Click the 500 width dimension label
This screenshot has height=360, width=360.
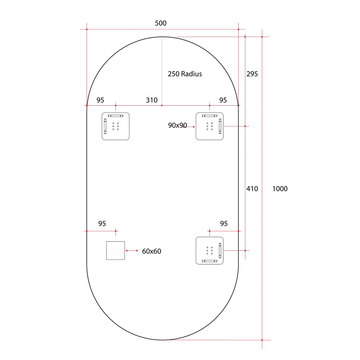tap(161, 23)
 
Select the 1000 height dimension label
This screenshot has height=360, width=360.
tap(280, 189)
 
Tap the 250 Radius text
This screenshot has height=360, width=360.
tap(185, 74)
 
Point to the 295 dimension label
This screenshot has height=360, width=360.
tap(252, 74)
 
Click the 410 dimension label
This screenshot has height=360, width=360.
tap(252, 189)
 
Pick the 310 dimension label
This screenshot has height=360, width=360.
tap(152, 100)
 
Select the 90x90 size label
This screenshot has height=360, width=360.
tap(177, 126)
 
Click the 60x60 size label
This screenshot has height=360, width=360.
tap(152, 251)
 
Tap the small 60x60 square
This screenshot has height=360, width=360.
tap(116, 251)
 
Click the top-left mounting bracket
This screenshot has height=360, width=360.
tap(116, 126)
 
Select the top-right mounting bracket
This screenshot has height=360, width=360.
tap(210, 126)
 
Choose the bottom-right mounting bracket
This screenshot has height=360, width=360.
tap(210, 251)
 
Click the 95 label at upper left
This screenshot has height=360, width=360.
tap(100, 100)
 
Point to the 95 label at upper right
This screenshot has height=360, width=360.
tap(223, 100)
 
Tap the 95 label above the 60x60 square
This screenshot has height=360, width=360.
tap(102, 224)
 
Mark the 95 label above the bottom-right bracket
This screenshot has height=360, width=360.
tap(224, 224)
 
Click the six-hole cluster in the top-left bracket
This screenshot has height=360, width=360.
tap(116, 126)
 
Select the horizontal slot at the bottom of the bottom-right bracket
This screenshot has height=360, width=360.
tap(209, 261)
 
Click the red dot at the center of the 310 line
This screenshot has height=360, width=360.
tap(162, 105)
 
